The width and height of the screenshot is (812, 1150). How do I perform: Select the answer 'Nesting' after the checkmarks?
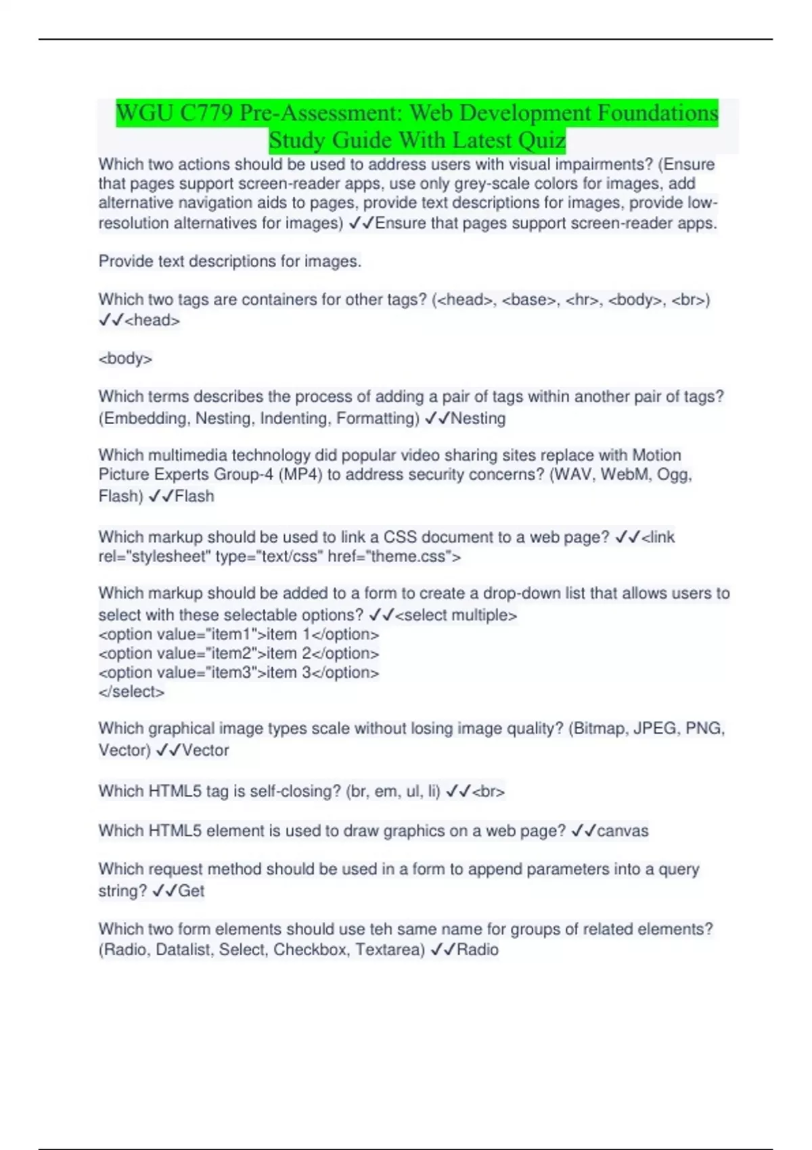point(478,418)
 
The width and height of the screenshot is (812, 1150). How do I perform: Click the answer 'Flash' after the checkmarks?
point(194,496)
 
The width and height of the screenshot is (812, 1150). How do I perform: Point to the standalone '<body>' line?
point(125,359)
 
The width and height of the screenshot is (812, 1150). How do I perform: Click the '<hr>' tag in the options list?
point(582,300)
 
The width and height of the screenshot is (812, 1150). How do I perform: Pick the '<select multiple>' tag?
point(456,615)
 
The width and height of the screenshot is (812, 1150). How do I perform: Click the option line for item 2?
point(238,653)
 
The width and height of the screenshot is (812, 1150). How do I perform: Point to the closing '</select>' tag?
point(131,692)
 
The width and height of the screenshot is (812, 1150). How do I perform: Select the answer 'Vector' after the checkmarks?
point(205,750)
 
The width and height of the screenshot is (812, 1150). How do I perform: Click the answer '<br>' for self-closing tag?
point(488,791)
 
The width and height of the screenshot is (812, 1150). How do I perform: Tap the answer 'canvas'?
point(622,831)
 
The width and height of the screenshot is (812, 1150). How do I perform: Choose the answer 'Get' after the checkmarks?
point(191,891)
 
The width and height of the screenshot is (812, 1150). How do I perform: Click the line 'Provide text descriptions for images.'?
point(230,261)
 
